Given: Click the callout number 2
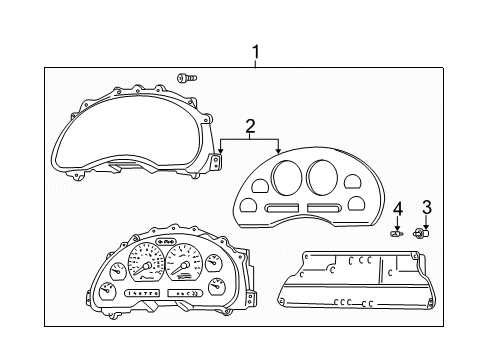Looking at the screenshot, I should click(x=250, y=126).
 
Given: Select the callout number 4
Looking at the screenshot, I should click(x=397, y=208).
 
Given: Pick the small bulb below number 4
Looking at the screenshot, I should click(x=397, y=233).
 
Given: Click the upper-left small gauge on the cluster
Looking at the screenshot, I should click(x=118, y=269).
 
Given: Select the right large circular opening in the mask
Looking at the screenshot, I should click(x=321, y=177).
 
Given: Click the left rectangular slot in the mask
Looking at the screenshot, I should click(x=281, y=207).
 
